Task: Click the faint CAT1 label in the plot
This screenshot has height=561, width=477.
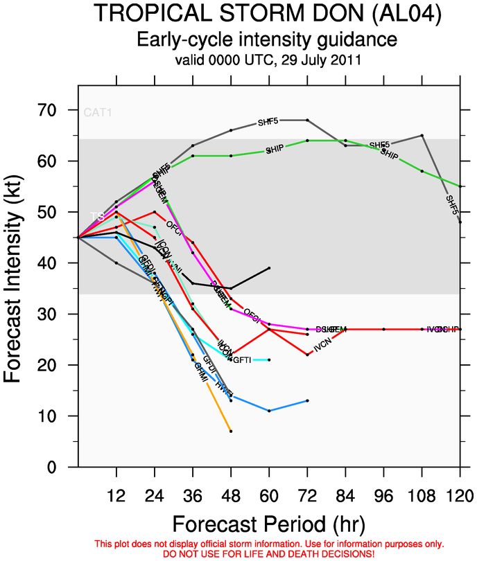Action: click(x=97, y=112)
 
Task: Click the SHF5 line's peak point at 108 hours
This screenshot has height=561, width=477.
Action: click(x=422, y=136)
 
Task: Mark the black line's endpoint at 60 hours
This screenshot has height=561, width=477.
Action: click(x=269, y=267)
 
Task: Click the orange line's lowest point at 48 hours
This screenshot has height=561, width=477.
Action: click(x=231, y=431)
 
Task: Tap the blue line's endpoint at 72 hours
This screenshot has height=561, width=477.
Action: click(x=307, y=400)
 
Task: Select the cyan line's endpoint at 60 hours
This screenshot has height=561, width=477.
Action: click(x=269, y=359)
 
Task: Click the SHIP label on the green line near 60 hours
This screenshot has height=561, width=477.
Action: click(x=275, y=150)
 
